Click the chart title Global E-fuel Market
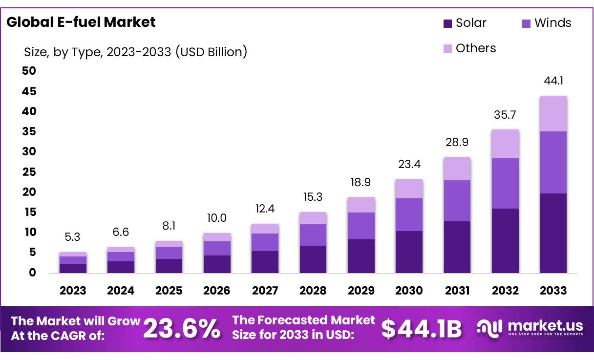(x=81, y=22)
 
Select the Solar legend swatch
(x=448, y=23)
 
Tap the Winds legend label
(x=552, y=23)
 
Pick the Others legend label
(x=475, y=48)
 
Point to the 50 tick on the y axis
(x=29, y=71)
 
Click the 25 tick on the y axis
(x=29, y=172)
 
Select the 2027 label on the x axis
(x=265, y=291)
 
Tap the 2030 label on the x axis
(x=409, y=291)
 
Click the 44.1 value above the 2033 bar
(x=553, y=81)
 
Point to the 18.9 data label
(x=361, y=183)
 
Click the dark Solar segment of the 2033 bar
(x=553, y=233)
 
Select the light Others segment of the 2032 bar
(x=505, y=144)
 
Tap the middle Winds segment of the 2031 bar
(x=457, y=201)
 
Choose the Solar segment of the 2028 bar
(x=313, y=259)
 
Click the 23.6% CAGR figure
(x=182, y=329)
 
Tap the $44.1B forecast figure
(x=421, y=329)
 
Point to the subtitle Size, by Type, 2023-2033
(x=135, y=51)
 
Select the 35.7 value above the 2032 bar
(x=505, y=115)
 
